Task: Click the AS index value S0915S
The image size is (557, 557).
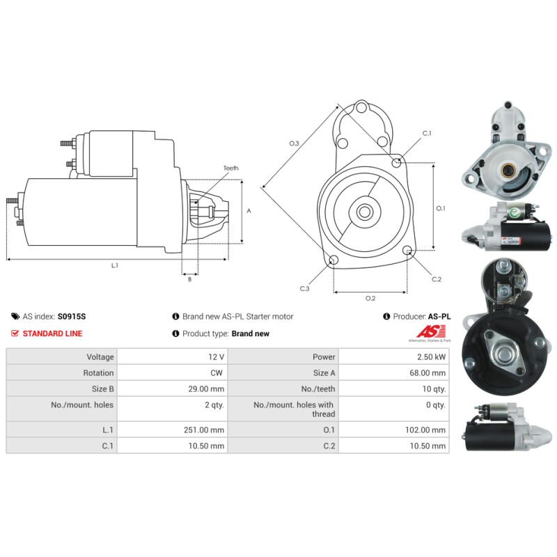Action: pyautogui.click(x=72, y=317)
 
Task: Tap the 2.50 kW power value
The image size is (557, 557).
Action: pyautogui.click(x=431, y=356)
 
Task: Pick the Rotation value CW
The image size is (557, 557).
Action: pyautogui.click(x=216, y=373)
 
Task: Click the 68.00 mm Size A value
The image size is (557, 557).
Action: pyautogui.click(x=427, y=373)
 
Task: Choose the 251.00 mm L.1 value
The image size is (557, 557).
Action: pyautogui.click(x=204, y=430)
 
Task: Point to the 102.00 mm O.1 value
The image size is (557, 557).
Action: pyautogui.click(x=425, y=430)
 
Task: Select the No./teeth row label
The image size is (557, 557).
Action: pyautogui.click(x=318, y=389)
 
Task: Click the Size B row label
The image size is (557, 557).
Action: pyautogui.click(x=102, y=389)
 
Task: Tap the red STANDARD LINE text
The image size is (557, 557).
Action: pyautogui.click(x=52, y=334)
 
